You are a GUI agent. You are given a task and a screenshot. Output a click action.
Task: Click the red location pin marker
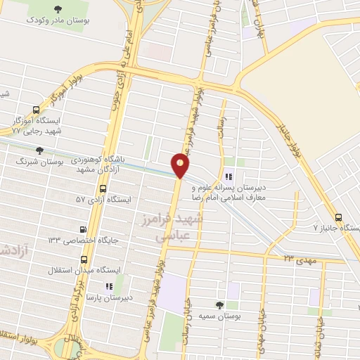point(181,165)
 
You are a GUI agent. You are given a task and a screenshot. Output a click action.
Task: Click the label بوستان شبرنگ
point(41,162)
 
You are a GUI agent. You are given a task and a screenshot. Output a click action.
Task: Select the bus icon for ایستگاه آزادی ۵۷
point(103,189)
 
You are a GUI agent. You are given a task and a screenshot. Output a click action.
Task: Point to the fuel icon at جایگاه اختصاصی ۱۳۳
point(84,229)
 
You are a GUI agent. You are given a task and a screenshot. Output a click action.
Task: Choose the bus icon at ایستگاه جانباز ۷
point(340,217)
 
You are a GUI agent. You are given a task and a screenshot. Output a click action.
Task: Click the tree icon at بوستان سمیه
point(219,305)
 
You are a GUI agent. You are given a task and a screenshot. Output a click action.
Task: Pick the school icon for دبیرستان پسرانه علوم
point(228,176)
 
